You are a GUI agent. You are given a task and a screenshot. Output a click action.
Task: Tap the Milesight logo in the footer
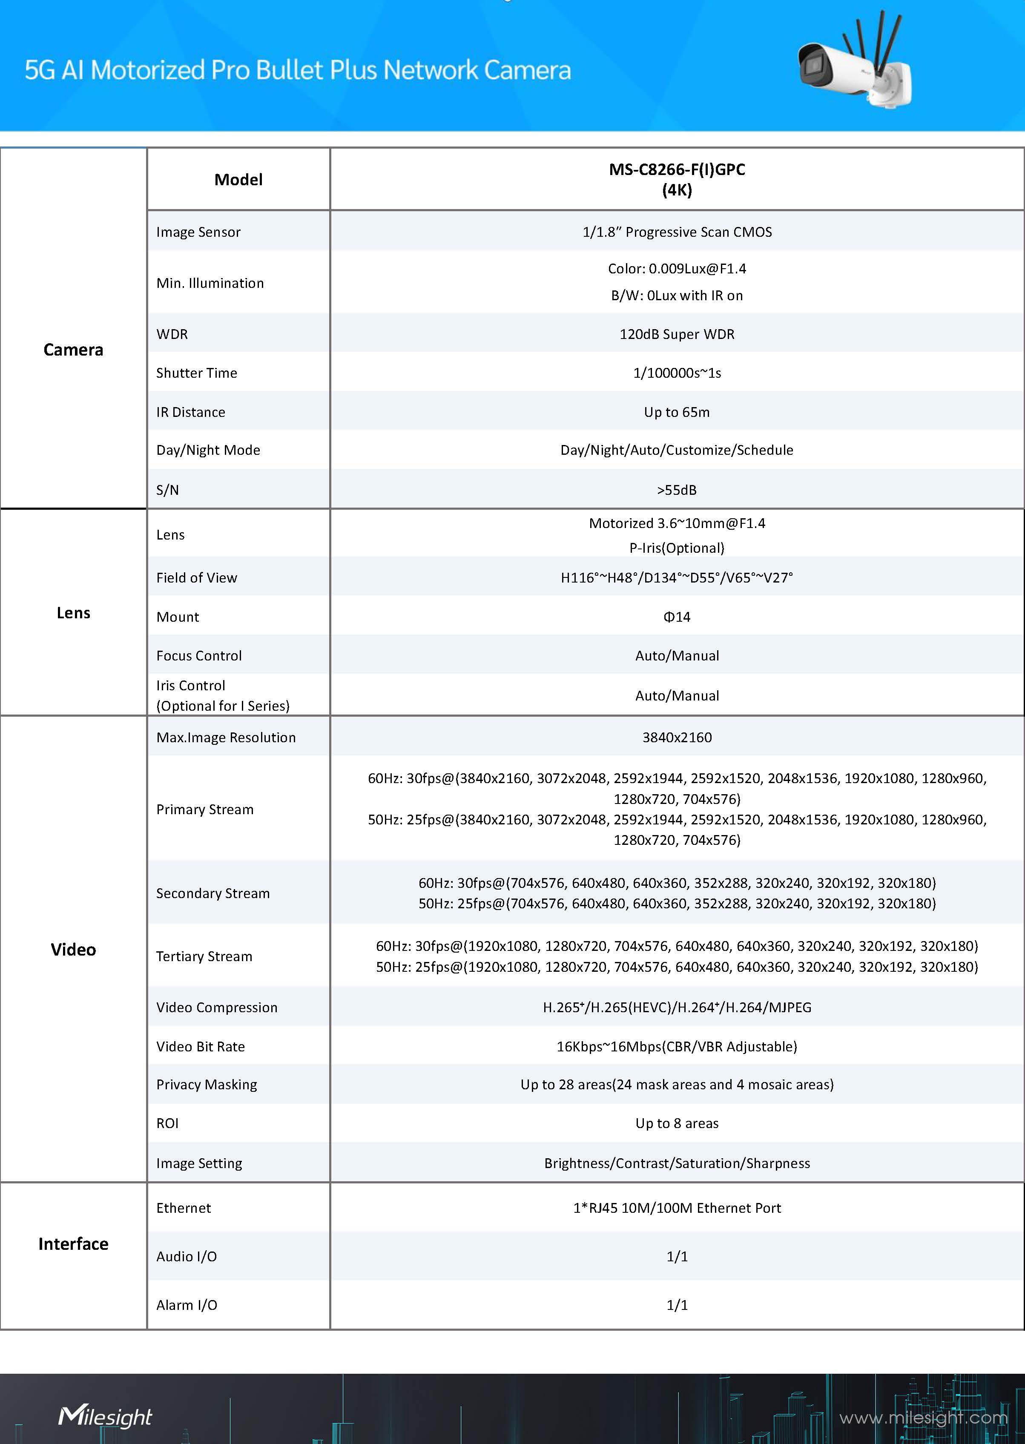(105, 1416)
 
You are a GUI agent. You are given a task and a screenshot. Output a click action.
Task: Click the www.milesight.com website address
(923, 1418)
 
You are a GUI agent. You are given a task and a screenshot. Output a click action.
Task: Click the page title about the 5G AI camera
(297, 70)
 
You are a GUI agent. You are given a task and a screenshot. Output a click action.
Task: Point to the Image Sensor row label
(198, 232)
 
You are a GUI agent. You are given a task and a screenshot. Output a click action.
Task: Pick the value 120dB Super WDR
(677, 335)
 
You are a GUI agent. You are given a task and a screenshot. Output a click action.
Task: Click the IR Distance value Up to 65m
(677, 413)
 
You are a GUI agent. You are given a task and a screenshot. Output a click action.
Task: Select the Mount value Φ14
(677, 617)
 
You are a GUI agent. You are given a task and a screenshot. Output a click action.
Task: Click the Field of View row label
(196, 578)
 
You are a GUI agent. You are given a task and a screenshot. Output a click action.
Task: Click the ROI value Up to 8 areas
(677, 1123)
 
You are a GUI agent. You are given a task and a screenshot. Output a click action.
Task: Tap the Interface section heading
(73, 1244)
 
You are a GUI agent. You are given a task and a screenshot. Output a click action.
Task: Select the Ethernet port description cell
(677, 1208)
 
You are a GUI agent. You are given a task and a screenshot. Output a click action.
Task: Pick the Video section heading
(73, 950)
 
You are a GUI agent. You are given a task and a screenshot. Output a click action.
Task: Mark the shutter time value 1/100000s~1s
(677, 373)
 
